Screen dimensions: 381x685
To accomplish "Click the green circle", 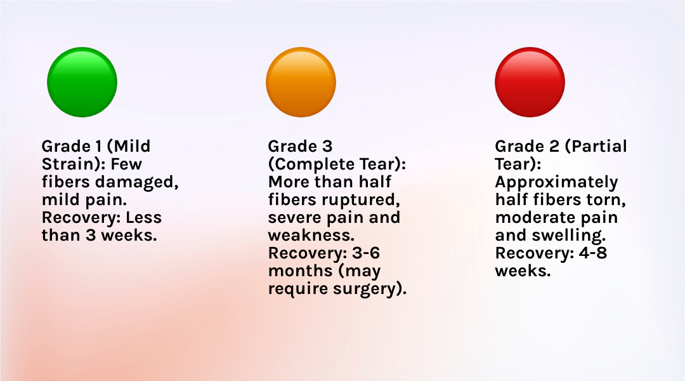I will (82, 83).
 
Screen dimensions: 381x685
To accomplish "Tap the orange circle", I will (301, 83).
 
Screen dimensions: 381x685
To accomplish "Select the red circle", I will (530, 83).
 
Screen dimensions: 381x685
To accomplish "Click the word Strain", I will (67, 164).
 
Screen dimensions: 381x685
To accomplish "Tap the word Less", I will (144, 218).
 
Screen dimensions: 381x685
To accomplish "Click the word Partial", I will (596, 147).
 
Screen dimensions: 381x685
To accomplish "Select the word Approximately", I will (556, 182).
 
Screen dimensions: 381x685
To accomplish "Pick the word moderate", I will (533, 218).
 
